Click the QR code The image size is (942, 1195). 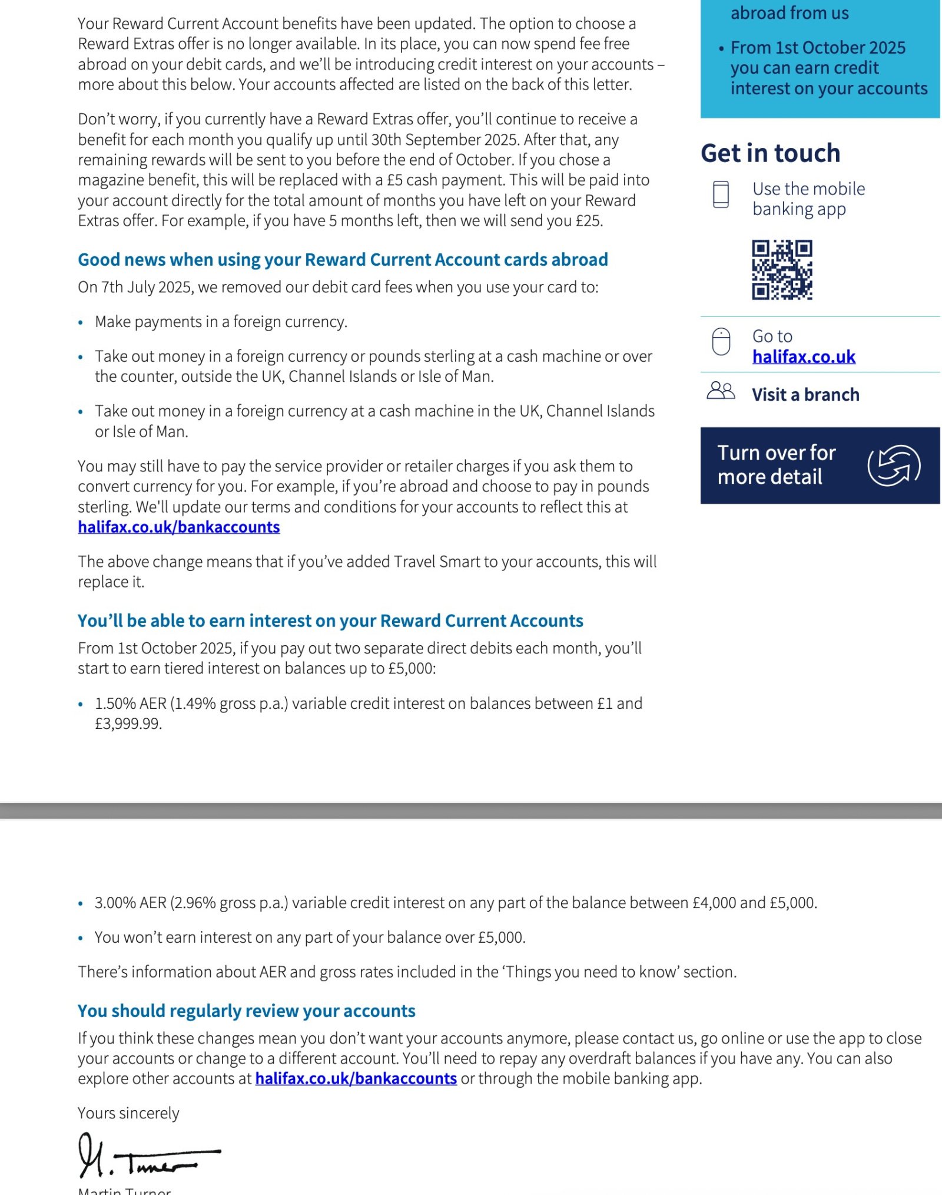[x=782, y=270]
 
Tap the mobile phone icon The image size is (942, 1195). [x=721, y=194]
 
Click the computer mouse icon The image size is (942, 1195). [x=721, y=342]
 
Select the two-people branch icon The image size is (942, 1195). [x=721, y=391]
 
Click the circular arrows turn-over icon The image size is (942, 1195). [x=894, y=466]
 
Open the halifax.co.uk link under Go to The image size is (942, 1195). [x=804, y=356]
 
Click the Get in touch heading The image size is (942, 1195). [x=770, y=153]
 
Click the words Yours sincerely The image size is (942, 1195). [x=128, y=1113]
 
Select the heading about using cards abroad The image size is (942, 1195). [x=343, y=260]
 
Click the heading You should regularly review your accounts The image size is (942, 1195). [x=246, y=1011]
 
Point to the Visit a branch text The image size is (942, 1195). [x=805, y=395]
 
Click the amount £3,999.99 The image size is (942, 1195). [x=128, y=724]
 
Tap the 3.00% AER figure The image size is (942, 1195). [x=131, y=903]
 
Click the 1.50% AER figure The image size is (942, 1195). [x=131, y=704]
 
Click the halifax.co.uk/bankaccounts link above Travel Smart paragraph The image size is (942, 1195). [x=178, y=527]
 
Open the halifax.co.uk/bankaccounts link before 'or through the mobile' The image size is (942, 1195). [x=356, y=1078]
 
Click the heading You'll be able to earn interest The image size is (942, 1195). [x=330, y=621]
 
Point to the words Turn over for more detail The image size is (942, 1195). [x=776, y=465]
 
